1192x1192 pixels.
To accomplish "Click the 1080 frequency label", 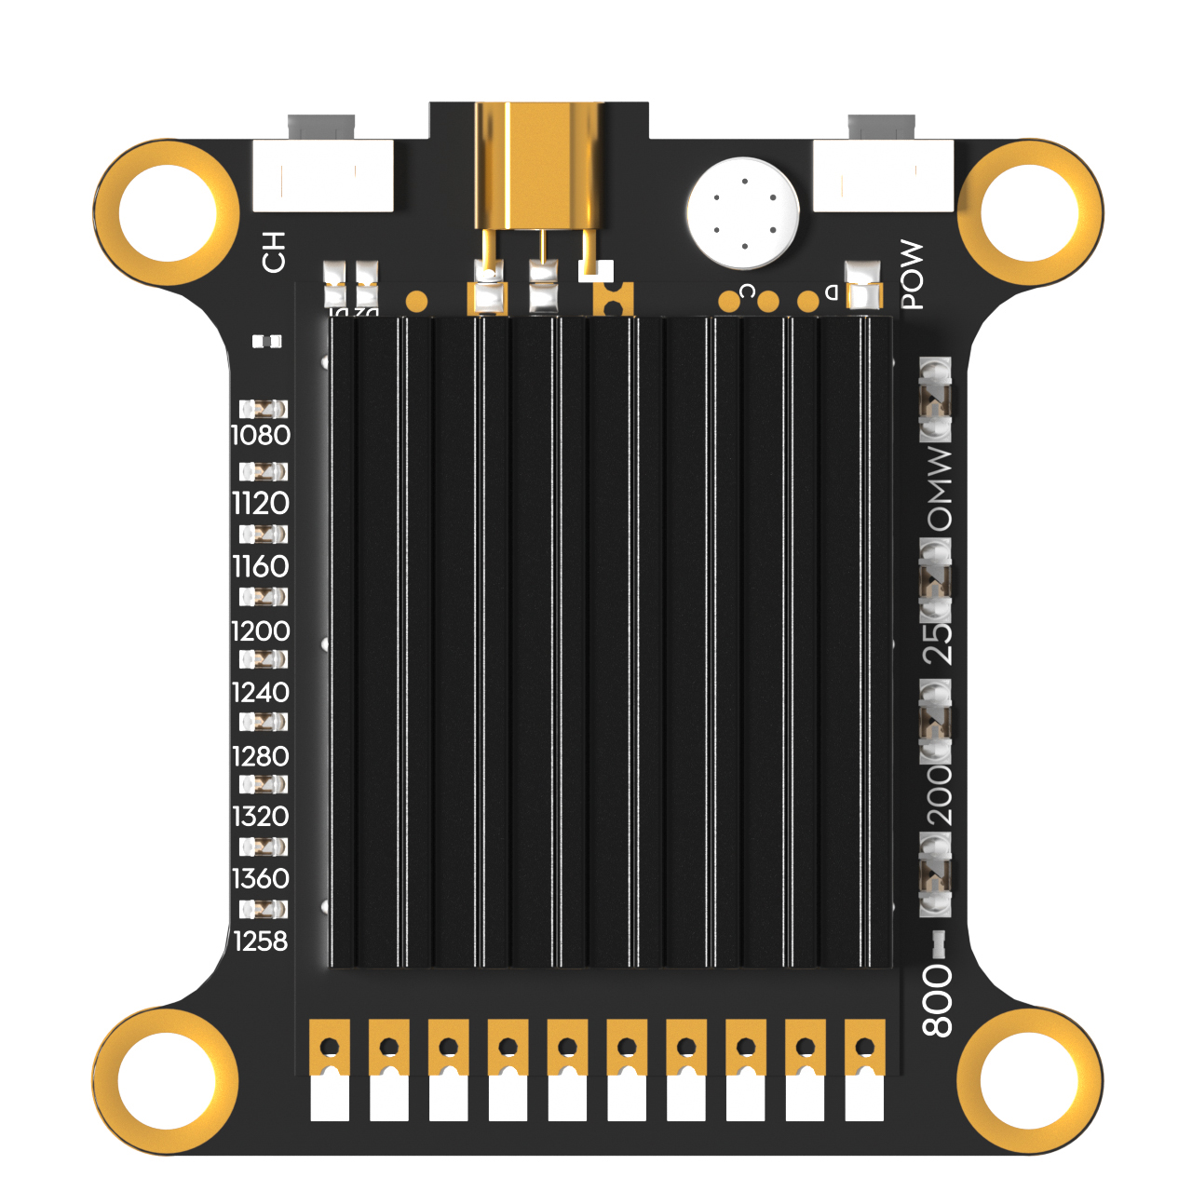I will pos(261,435).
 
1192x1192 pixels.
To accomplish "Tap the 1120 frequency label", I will pos(261,503).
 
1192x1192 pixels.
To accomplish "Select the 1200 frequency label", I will pos(261,630).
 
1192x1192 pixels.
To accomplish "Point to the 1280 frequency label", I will pos(261,755).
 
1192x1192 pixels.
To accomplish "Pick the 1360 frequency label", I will pos(261,878).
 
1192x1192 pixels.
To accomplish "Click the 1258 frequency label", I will pos(261,941).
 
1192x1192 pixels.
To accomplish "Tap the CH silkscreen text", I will pos(274,252).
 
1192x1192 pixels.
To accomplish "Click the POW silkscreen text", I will pos(913,275).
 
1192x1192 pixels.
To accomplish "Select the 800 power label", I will pos(938,1000).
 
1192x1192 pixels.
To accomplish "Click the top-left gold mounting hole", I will pos(167,212).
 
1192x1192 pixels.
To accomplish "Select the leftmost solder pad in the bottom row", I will pos(330,1071).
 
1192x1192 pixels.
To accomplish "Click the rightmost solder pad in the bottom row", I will pos(864,1071).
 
